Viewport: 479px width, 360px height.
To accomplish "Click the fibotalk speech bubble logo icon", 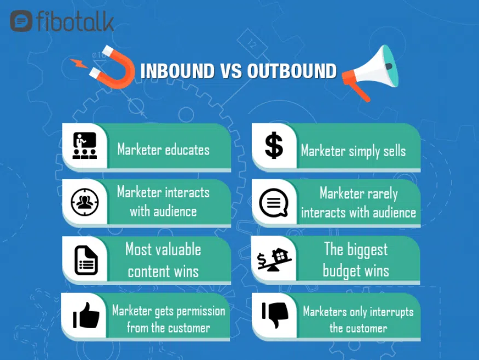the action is [21, 21].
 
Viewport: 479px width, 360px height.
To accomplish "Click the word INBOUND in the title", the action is [177, 71].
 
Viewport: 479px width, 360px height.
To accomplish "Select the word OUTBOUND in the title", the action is [292, 71].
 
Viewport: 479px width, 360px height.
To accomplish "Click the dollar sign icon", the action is [274, 145].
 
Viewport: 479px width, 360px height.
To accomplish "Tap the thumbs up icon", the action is [86, 316].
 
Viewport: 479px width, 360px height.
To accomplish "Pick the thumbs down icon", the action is [275, 315].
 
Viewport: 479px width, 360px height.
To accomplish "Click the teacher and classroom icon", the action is [85, 146].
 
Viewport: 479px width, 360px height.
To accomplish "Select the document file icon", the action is [86, 260].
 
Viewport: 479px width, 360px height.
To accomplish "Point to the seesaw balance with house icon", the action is [274, 260].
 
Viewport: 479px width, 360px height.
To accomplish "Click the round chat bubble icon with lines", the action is [274, 203].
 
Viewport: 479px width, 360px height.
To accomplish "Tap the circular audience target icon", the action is [85, 202].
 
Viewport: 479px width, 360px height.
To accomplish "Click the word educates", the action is [187, 150].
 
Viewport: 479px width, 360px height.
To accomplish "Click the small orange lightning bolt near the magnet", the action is [78, 63].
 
